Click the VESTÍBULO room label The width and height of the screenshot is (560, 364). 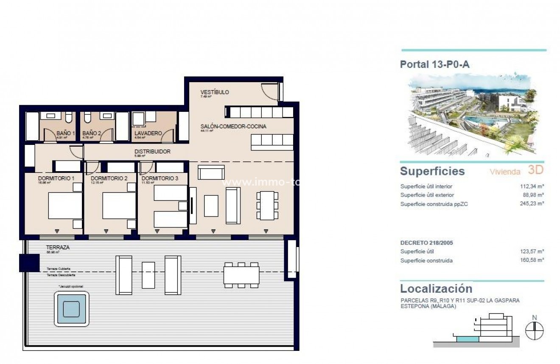[215, 92]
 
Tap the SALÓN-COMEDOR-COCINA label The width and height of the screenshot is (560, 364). [233, 126]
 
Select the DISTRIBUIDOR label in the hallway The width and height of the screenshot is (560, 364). [152, 151]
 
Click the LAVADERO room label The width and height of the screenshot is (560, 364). [148, 133]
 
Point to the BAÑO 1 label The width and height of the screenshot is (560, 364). [66, 133]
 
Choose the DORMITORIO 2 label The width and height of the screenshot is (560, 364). [109, 178]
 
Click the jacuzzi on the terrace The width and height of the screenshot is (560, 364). [71, 309]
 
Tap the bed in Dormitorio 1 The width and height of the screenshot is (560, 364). [65, 206]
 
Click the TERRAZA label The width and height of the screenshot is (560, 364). [58, 247]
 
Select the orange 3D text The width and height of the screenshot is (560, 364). [535, 170]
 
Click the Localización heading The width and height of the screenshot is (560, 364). [436, 289]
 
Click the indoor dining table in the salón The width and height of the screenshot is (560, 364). [266, 206]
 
